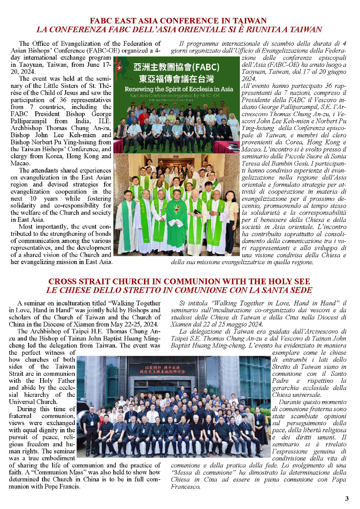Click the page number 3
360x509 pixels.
click(x=347, y=498)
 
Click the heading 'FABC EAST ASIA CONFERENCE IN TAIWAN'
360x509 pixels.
click(x=178, y=21)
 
